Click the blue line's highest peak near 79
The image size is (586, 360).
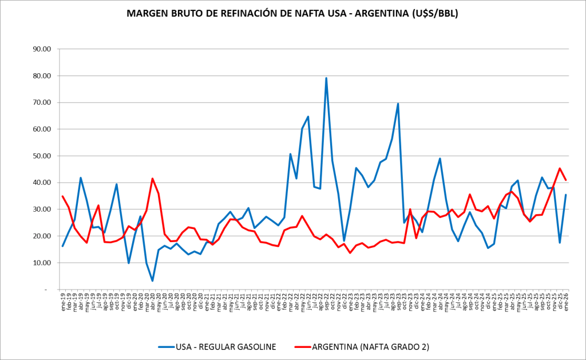(326, 78)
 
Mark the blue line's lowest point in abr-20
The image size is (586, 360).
(152, 280)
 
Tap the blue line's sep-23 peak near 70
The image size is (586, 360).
(398, 104)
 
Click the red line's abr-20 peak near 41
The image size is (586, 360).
(152, 179)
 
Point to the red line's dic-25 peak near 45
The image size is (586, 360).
(560, 168)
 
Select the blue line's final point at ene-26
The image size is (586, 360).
(566, 195)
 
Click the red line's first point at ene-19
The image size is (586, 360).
(62, 196)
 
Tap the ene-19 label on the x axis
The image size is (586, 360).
(62, 302)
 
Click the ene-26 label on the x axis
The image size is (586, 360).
(566, 302)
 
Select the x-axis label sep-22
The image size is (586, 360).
(326, 302)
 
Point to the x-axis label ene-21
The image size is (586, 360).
(206, 302)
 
